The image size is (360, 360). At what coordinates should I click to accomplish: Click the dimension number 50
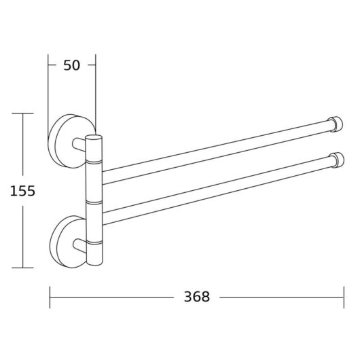coord(71,65)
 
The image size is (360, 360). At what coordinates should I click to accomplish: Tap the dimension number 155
coord(22,191)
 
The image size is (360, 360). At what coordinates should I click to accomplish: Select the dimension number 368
coord(197,297)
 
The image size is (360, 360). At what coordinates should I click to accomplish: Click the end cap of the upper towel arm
coord(336,124)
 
